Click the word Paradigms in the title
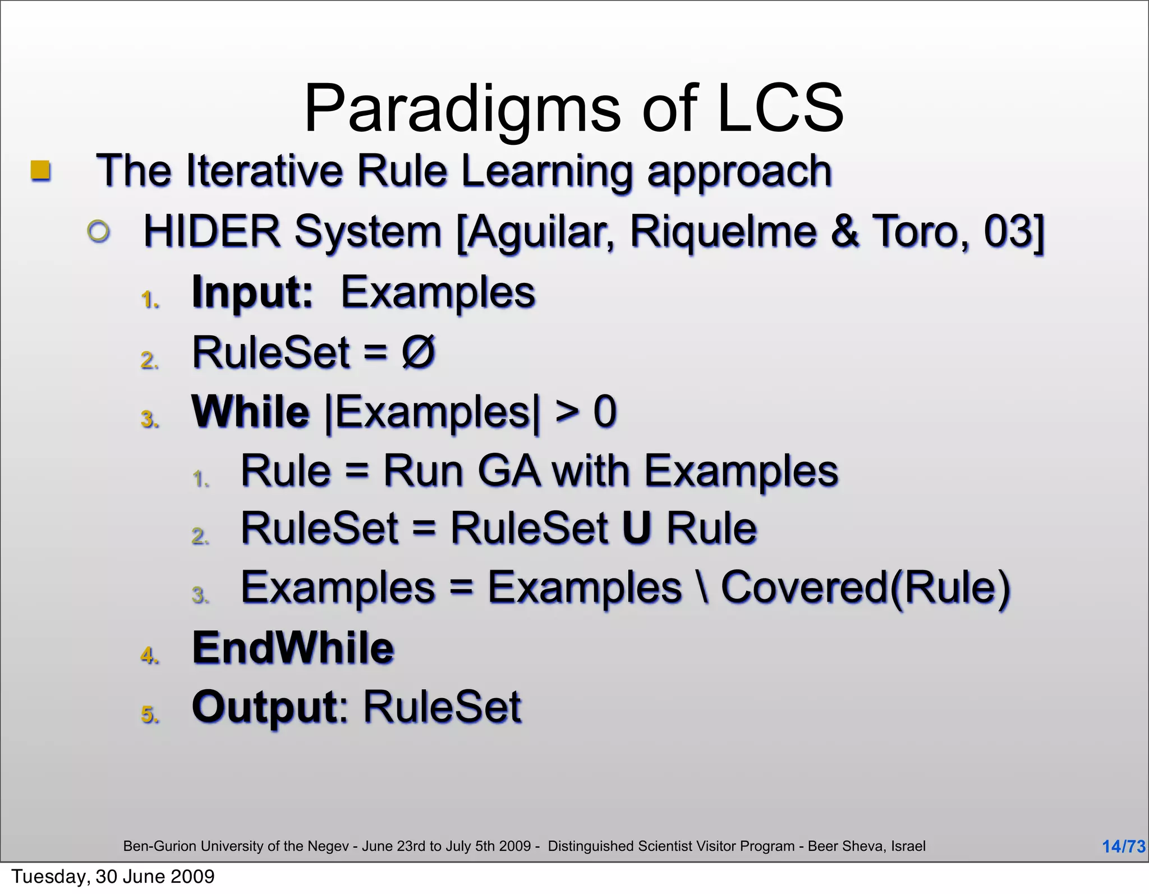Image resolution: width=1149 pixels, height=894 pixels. pyautogui.click(x=462, y=109)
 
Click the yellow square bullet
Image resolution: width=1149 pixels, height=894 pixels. pyautogui.click(x=40, y=170)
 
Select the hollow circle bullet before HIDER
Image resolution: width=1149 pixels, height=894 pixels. pyautogui.click(x=99, y=231)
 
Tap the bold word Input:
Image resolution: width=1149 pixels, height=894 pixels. pyautogui.click(x=252, y=292)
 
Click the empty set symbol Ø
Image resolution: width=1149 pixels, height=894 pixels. pyautogui.click(x=418, y=352)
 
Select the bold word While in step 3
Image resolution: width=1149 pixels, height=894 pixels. pyautogui.click(x=250, y=412)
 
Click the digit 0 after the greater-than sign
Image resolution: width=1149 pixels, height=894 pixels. pyautogui.click(x=605, y=412)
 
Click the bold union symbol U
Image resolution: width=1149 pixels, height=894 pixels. pyautogui.click(x=637, y=529)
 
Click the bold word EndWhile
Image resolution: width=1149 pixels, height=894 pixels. pyautogui.click(x=293, y=648)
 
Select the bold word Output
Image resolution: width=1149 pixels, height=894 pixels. pyautogui.click(x=265, y=707)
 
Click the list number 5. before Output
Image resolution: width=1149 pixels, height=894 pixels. pyautogui.click(x=150, y=714)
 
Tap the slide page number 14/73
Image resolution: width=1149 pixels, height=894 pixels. pyautogui.click(x=1123, y=846)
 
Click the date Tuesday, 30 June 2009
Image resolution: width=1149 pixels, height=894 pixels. pyautogui.click(x=113, y=877)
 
